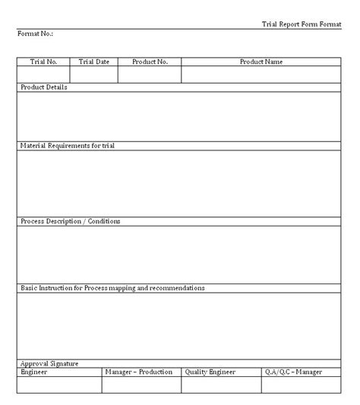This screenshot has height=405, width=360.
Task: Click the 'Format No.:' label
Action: point(35,34)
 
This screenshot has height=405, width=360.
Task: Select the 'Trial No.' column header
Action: point(43,62)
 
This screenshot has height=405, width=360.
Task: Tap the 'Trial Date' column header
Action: point(94,62)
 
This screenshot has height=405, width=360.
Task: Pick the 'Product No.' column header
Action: point(150,62)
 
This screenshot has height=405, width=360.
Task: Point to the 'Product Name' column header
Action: point(261,62)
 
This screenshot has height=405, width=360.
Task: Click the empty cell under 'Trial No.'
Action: point(43,74)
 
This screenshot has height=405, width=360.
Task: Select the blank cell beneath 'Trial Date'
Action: point(94,74)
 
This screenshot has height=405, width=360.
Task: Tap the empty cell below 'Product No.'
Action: point(150,74)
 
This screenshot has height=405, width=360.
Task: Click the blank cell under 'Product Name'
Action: point(261,74)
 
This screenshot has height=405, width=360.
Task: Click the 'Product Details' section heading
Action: point(43,87)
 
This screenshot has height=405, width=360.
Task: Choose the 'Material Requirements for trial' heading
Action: point(67,144)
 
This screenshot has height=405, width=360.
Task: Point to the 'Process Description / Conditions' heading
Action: point(70,221)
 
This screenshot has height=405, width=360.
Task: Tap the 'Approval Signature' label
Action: point(49,364)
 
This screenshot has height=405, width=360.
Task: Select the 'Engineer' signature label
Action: point(34,372)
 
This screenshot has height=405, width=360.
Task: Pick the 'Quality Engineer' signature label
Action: point(210,372)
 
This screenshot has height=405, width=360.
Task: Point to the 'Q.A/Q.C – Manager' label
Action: point(293,372)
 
